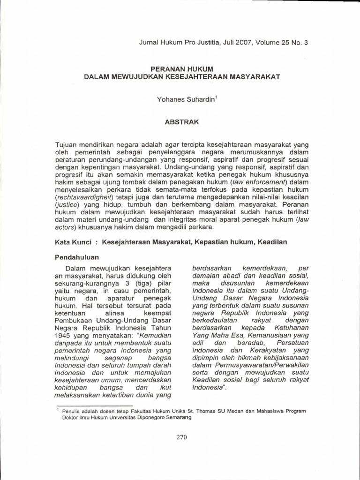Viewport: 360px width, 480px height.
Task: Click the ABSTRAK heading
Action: [x=181, y=121]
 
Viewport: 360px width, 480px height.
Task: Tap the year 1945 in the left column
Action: [x=65, y=335]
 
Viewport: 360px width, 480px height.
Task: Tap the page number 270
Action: [x=180, y=437]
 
